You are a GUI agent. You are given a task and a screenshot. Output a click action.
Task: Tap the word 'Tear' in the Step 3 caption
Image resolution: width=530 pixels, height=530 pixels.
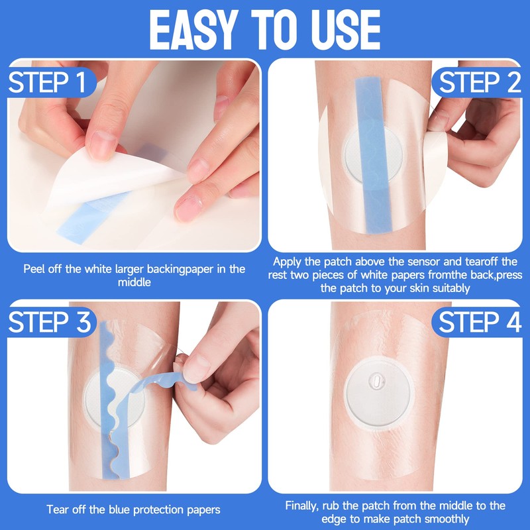click(x=59, y=509)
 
